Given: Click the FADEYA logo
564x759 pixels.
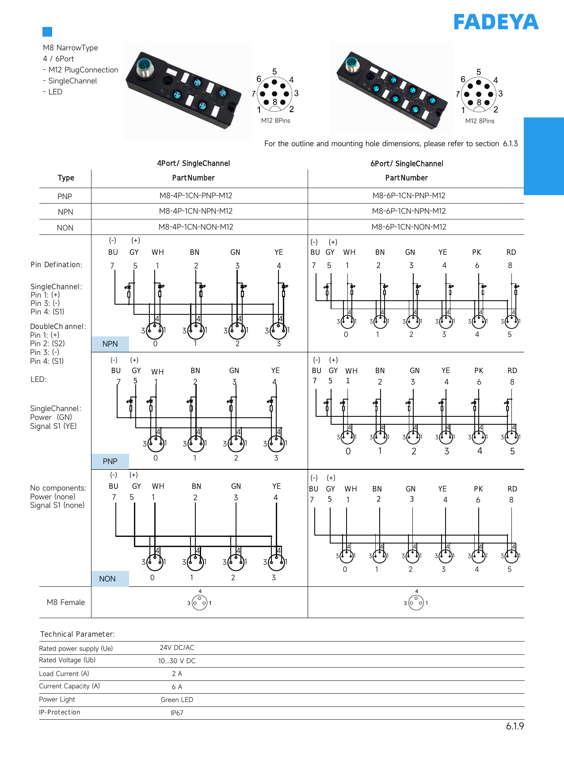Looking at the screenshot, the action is coord(496,22).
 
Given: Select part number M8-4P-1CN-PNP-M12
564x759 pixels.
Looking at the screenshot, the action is coord(196,196).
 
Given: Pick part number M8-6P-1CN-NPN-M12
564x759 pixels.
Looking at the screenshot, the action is coord(409,211).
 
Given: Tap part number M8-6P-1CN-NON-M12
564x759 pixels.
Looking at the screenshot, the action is coord(409,227).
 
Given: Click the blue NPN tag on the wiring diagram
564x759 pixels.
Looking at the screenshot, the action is coord(110,344).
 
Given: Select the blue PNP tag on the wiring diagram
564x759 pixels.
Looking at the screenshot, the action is coord(110,461).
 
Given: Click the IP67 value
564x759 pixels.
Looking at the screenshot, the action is coord(177,713).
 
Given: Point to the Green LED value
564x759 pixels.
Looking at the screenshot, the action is coord(177,700).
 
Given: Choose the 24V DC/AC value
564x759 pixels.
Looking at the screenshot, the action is coord(177,648).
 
